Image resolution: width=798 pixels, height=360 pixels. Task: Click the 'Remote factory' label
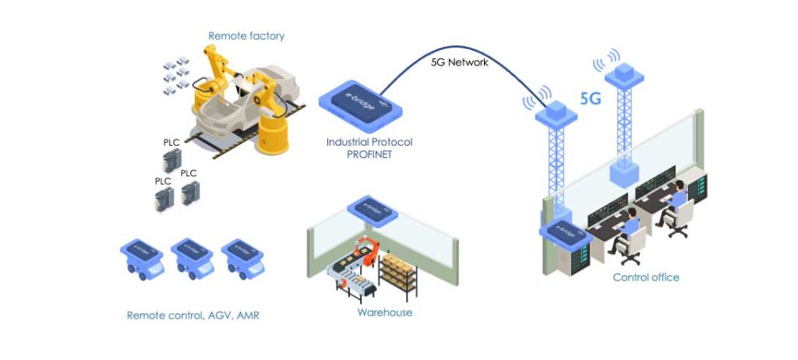pos(246,36)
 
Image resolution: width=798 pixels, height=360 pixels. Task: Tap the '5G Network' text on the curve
pos(460,62)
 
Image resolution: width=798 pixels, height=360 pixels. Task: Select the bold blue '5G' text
pos(591,99)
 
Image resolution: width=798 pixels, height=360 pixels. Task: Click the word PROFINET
pos(369,155)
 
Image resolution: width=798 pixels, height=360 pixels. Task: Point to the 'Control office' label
pos(646,277)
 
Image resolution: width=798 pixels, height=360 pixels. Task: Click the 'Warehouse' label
pos(385,312)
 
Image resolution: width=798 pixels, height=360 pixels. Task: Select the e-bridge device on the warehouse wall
pos(372,210)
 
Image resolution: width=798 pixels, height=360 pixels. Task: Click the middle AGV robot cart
pos(192,258)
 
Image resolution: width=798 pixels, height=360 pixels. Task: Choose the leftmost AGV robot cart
pos(142,258)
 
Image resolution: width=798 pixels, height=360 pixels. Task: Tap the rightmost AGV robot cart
pos(243,258)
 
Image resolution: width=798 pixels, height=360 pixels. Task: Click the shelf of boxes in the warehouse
pos(398,275)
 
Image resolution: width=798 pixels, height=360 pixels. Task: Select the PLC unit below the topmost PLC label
pos(171,161)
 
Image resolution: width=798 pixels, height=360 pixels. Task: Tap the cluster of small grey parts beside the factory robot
pos(176,76)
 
